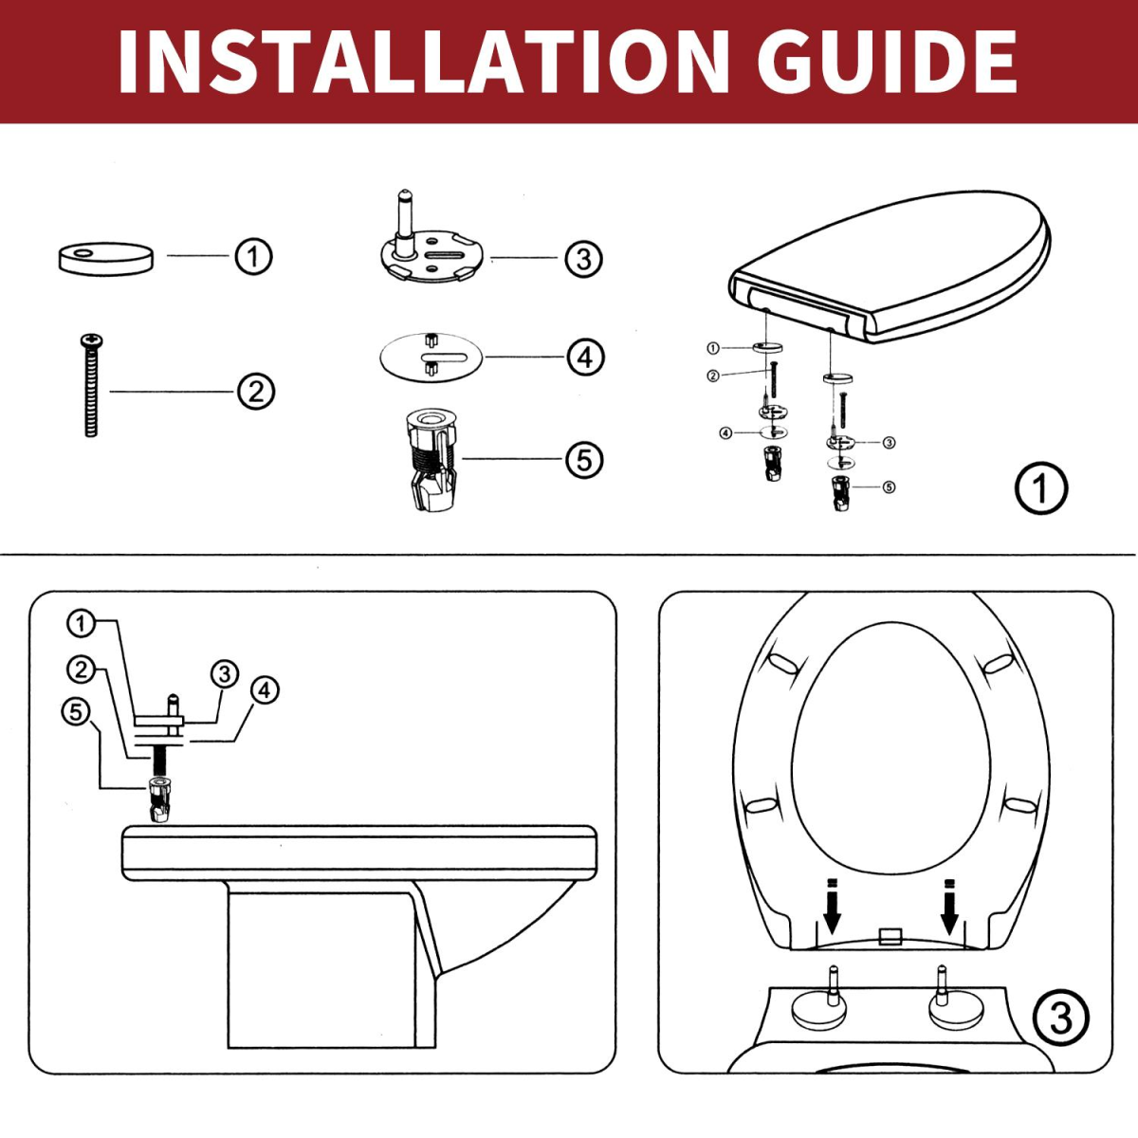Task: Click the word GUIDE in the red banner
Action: [887, 62]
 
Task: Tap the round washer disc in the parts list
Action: [105, 258]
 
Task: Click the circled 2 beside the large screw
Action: [256, 391]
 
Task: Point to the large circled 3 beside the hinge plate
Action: [583, 258]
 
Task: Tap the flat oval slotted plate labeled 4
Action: [431, 358]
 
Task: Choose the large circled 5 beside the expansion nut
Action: [584, 460]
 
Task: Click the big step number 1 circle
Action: [1040, 488]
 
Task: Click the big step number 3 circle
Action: [1060, 1019]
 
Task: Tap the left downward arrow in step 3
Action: [832, 909]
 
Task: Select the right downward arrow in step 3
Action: [948, 909]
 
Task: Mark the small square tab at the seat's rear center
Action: [890, 937]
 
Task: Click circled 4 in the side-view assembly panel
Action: [265, 689]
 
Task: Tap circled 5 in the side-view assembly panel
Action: [77, 711]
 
